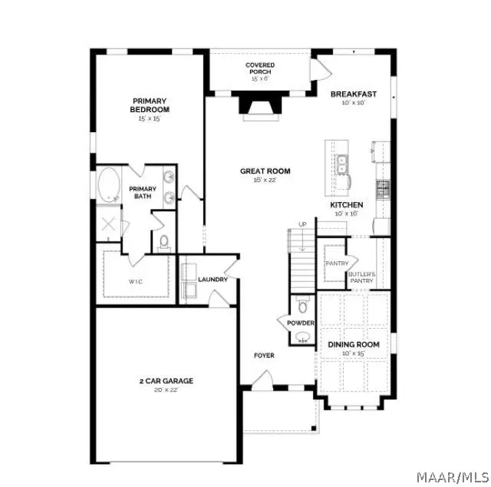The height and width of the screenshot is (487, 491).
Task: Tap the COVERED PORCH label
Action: coord(260,69)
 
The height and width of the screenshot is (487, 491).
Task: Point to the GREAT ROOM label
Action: coord(265,171)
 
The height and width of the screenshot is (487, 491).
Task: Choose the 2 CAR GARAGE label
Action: coord(166,380)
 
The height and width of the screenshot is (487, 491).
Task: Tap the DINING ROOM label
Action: coord(354,345)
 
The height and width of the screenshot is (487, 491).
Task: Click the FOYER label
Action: coord(264,356)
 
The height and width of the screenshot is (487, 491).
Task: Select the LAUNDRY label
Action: coord(213,280)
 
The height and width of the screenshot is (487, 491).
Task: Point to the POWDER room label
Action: coord(301,323)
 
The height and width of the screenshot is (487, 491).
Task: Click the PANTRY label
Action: coord(334,263)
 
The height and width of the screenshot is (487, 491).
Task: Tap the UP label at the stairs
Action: coord(302,224)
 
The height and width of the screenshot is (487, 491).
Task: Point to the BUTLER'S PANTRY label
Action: coord(361,277)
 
